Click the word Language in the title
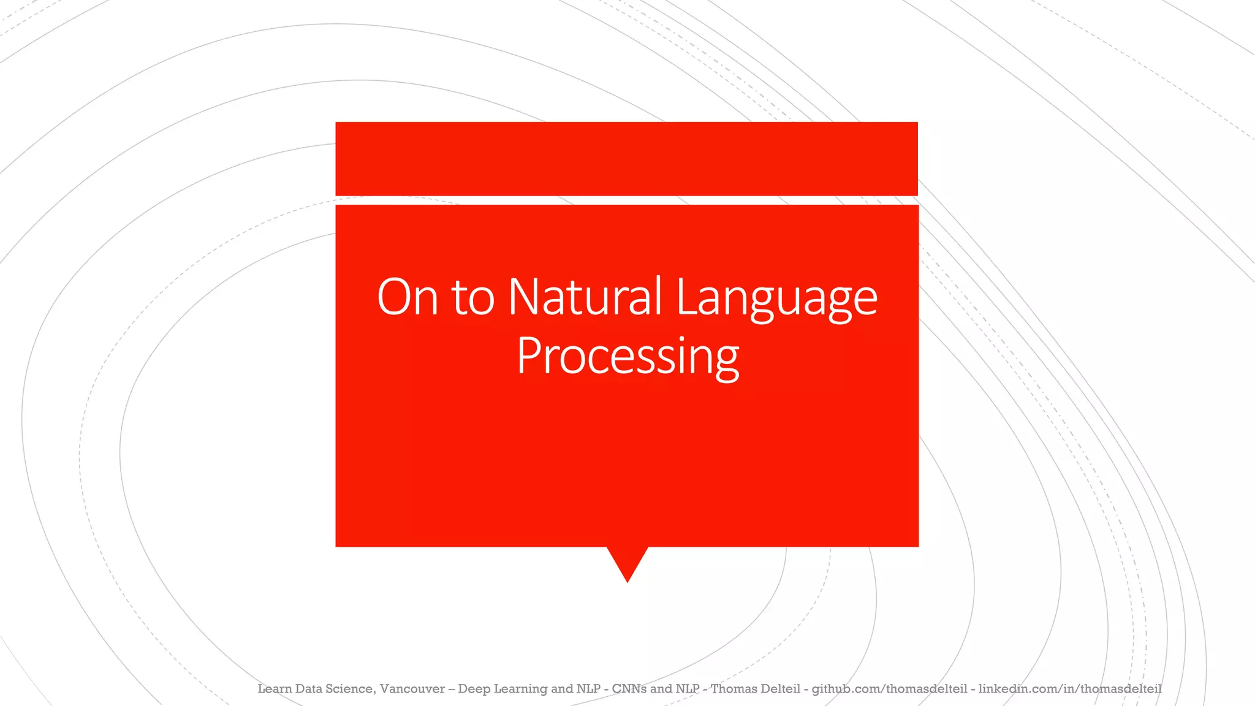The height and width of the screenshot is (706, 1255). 776,298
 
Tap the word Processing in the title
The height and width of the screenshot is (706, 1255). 627,356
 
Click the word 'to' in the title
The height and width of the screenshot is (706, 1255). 472,298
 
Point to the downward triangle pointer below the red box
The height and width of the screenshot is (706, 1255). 627,561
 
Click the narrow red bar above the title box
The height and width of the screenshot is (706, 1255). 626,159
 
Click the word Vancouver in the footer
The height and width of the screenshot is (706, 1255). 412,689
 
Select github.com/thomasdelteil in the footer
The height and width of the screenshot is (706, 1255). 889,689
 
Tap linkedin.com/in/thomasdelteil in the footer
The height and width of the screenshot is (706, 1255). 1069,689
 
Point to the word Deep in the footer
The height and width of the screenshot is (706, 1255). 474,689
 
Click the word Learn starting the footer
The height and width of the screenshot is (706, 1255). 275,689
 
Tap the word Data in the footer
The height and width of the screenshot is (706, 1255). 309,689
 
